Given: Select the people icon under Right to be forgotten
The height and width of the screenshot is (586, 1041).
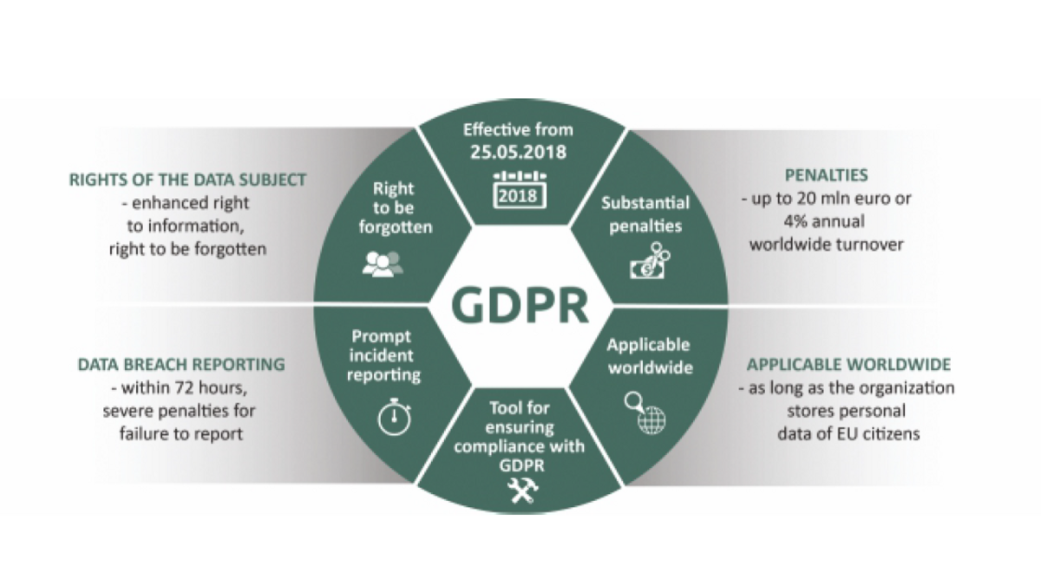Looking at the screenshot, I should click(383, 263).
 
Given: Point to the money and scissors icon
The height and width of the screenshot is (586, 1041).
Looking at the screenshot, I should click(645, 261).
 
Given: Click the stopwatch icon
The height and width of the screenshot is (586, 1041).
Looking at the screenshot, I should click(390, 417).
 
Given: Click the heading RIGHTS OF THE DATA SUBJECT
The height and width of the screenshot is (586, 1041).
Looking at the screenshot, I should click(188, 180).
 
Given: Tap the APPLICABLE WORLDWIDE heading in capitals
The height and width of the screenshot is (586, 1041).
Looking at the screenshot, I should click(848, 364).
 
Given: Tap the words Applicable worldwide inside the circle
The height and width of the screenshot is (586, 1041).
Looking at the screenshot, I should click(649, 356).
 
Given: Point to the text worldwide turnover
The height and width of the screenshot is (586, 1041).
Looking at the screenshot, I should click(822, 244).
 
